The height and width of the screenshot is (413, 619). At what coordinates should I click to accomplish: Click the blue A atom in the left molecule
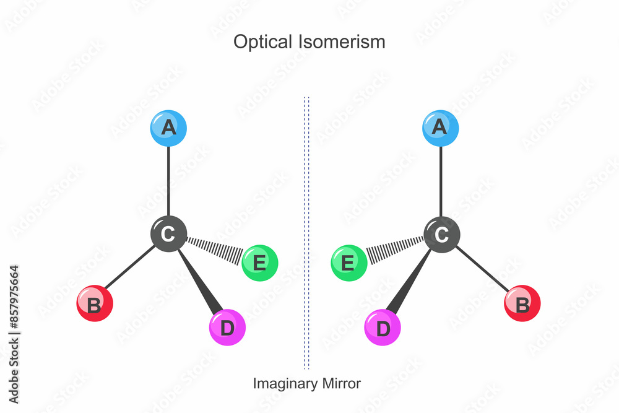tap(168, 128)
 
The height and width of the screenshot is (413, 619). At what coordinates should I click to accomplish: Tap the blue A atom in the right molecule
tap(441, 128)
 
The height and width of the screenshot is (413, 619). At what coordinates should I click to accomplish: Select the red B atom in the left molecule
tap(94, 303)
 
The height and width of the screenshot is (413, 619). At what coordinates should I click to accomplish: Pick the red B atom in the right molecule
tap(522, 303)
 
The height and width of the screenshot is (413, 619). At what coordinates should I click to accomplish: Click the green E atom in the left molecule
tap(259, 263)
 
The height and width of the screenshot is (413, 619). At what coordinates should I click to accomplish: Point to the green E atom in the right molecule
tap(349, 263)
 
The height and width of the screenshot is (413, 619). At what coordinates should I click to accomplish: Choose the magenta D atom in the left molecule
tap(227, 328)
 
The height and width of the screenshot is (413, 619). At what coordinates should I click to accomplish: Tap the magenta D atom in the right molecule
tap(383, 328)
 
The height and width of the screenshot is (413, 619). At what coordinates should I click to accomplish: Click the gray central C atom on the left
tap(168, 234)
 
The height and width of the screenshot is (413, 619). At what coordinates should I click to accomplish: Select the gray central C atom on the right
tap(441, 234)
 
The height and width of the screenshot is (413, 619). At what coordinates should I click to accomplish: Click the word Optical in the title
tap(259, 42)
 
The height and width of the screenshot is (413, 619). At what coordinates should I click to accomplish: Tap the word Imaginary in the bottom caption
tap(285, 383)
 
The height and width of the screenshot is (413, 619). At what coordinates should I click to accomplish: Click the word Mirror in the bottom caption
tap(340, 383)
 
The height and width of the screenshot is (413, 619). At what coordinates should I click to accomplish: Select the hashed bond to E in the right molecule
tap(394, 248)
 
